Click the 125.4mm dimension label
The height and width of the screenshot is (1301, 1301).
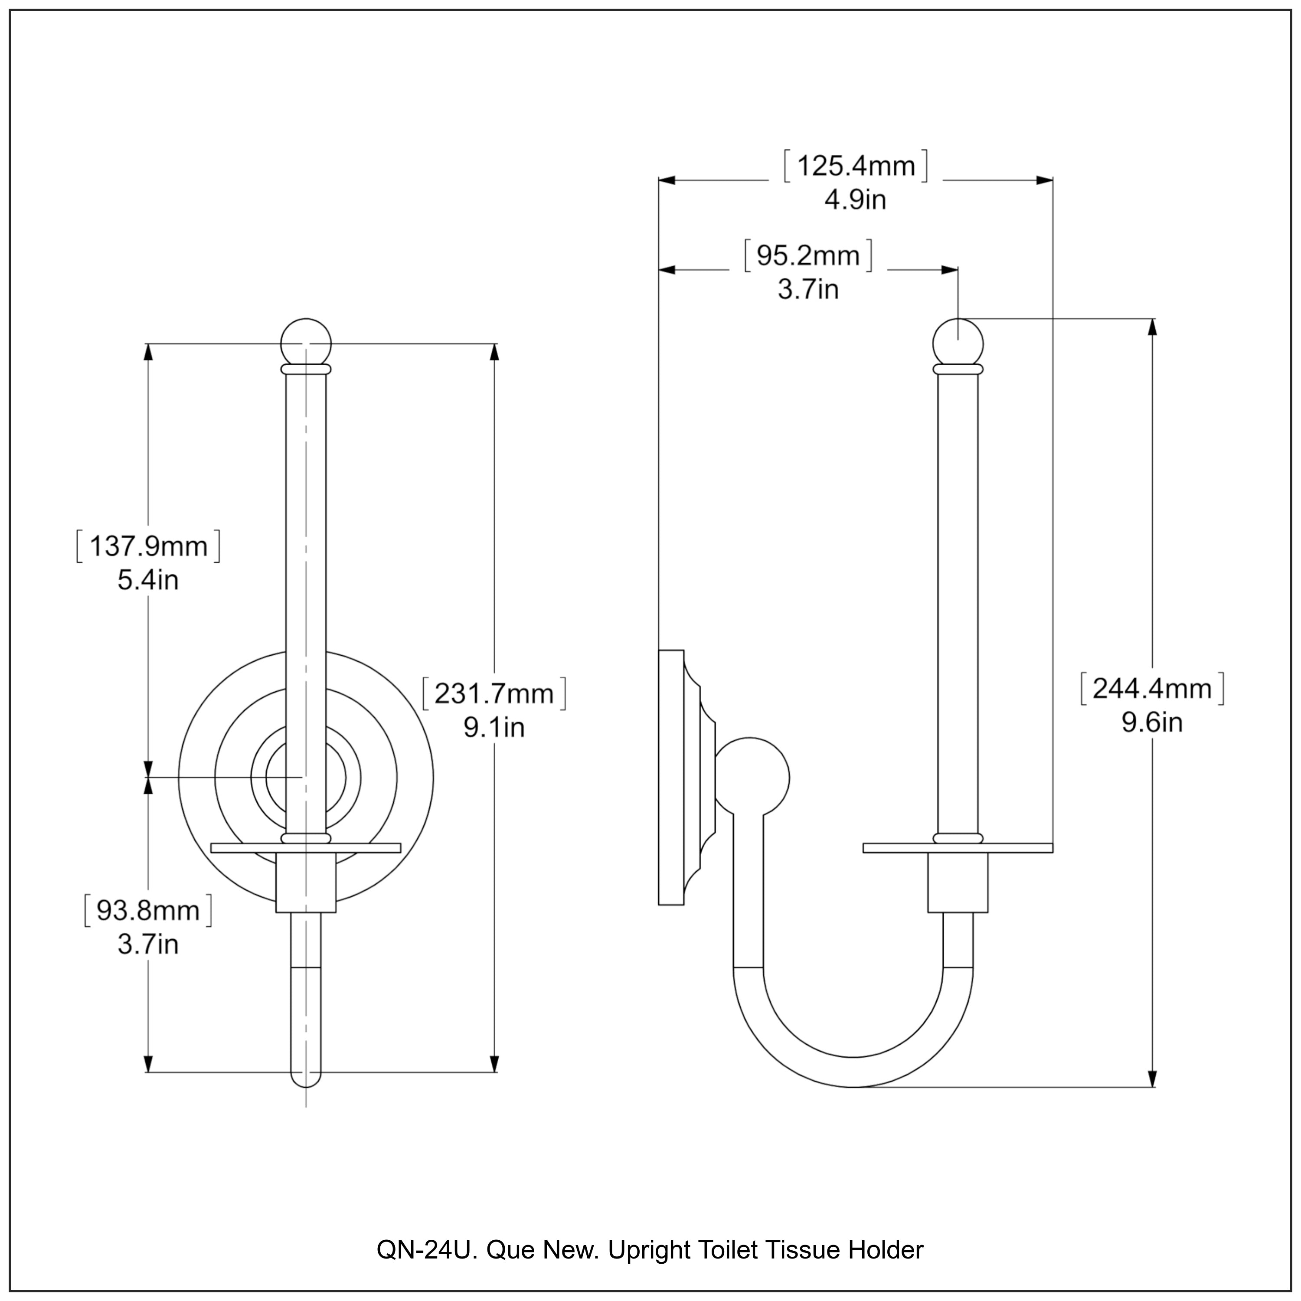pos(855,166)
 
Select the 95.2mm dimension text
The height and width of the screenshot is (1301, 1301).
pos(807,256)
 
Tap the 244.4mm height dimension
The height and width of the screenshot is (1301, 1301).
pos(1151,688)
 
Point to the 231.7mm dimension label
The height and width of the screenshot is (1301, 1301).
pos(494,693)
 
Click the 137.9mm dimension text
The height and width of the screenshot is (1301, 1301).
pos(148,546)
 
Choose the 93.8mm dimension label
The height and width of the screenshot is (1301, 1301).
pos(148,910)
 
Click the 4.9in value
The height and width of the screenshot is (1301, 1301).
pos(855,200)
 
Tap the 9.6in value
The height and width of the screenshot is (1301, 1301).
pos(1151,722)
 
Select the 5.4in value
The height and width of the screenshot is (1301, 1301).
pos(148,581)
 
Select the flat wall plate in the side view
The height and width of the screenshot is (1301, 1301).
pos(671,777)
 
